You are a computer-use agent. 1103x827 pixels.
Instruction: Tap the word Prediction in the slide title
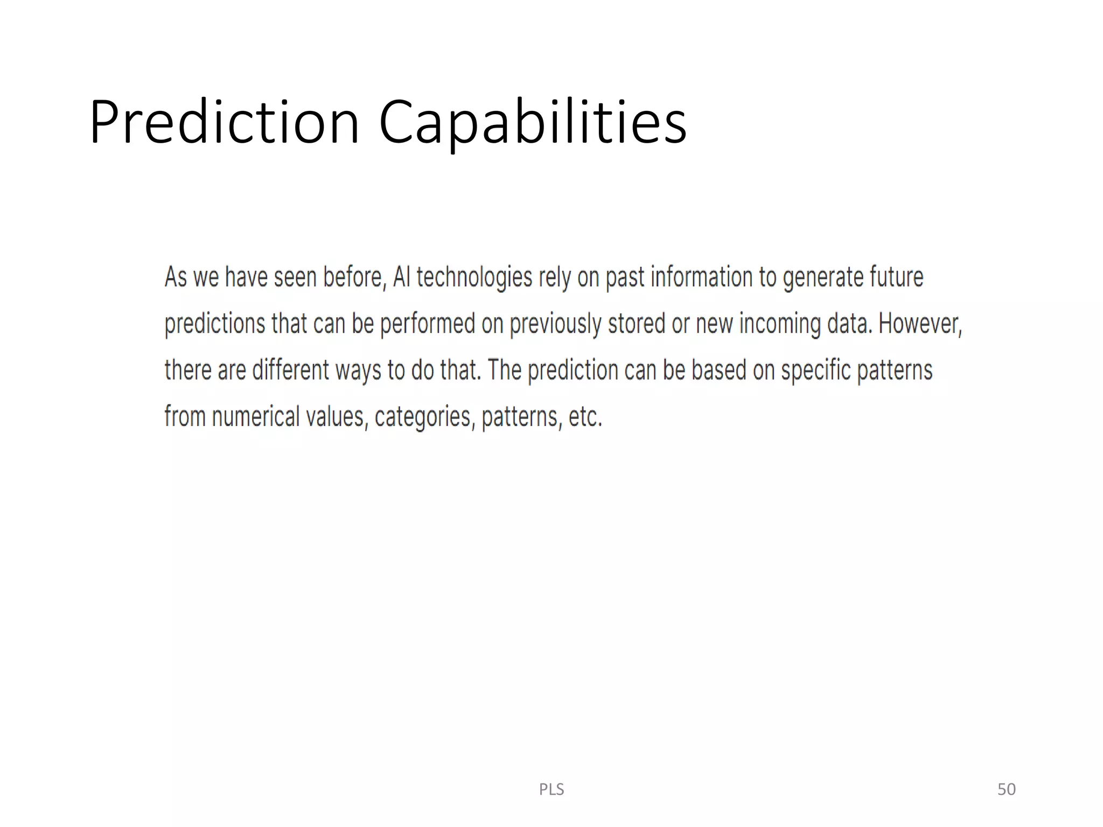(224, 123)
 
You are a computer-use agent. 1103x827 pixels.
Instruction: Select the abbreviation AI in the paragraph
(401, 277)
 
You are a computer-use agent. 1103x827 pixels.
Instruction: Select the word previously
(555, 324)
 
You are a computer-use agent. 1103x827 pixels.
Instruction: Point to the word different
(290, 370)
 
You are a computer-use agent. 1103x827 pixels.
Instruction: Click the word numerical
(255, 417)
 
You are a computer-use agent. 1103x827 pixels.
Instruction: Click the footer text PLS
(551, 789)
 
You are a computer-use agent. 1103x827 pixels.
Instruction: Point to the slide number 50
(1006, 789)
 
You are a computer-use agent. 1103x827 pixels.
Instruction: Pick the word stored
(636, 324)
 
